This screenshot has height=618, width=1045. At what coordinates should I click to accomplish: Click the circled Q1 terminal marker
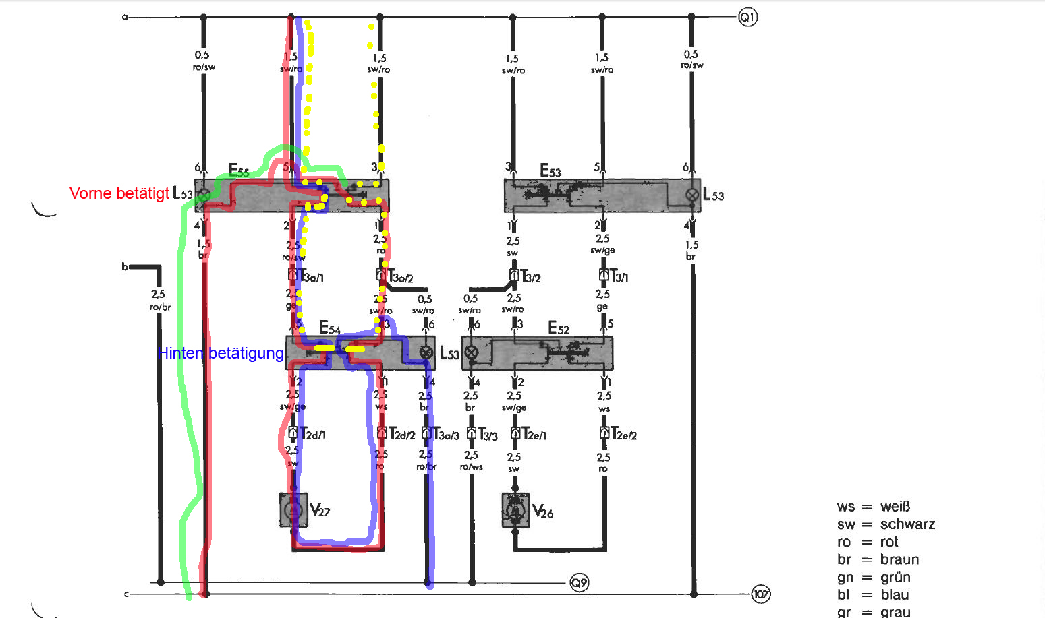click(x=747, y=17)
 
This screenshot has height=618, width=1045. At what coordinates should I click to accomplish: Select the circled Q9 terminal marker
click(x=579, y=582)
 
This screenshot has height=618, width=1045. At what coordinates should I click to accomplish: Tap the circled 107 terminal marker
click(x=761, y=594)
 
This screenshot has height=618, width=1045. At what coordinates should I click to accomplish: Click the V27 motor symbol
click(x=293, y=509)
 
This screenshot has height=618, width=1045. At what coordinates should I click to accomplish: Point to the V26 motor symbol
click(x=515, y=510)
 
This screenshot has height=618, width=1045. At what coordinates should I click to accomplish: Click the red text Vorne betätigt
click(x=119, y=194)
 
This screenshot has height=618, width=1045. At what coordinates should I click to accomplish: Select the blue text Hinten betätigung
click(x=221, y=353)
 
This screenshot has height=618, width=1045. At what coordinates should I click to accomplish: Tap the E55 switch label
click(x=239, y=171)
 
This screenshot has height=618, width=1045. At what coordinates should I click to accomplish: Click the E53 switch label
click(x=550, y=171)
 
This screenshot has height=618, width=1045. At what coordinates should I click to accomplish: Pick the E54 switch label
click(x=329, y=328)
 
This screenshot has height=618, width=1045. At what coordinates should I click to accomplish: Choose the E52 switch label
click(x=558, y=328)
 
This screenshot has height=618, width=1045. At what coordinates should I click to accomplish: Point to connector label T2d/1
click(x=312, y=435)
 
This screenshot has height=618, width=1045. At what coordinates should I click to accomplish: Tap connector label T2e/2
click(x=624, y=435)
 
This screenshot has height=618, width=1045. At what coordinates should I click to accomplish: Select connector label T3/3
click(x=488, y=435)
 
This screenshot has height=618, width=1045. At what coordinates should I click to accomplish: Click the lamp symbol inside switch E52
click(x=471, y=352)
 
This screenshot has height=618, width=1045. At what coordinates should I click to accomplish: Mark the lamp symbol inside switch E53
click(x=691, y=195)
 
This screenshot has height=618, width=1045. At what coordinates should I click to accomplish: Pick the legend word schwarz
click(x=907, y=524)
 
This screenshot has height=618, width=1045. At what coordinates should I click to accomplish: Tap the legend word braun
click(x=899, y=559)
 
